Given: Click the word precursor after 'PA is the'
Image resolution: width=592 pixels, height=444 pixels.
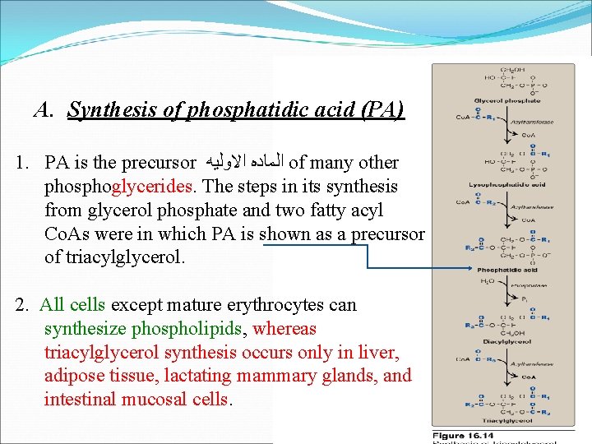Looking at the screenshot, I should (157, 163).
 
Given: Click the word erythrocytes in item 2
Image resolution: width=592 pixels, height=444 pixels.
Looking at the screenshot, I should (256, 305).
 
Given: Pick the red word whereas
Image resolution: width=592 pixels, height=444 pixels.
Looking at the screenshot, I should (285, 329).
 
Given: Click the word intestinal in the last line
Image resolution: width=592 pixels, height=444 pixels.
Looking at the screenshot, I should (81, 400).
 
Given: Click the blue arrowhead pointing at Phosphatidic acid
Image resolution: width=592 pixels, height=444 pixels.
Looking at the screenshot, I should (469, 268).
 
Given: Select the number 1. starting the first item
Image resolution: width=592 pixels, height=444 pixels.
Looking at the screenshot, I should (23, 163).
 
